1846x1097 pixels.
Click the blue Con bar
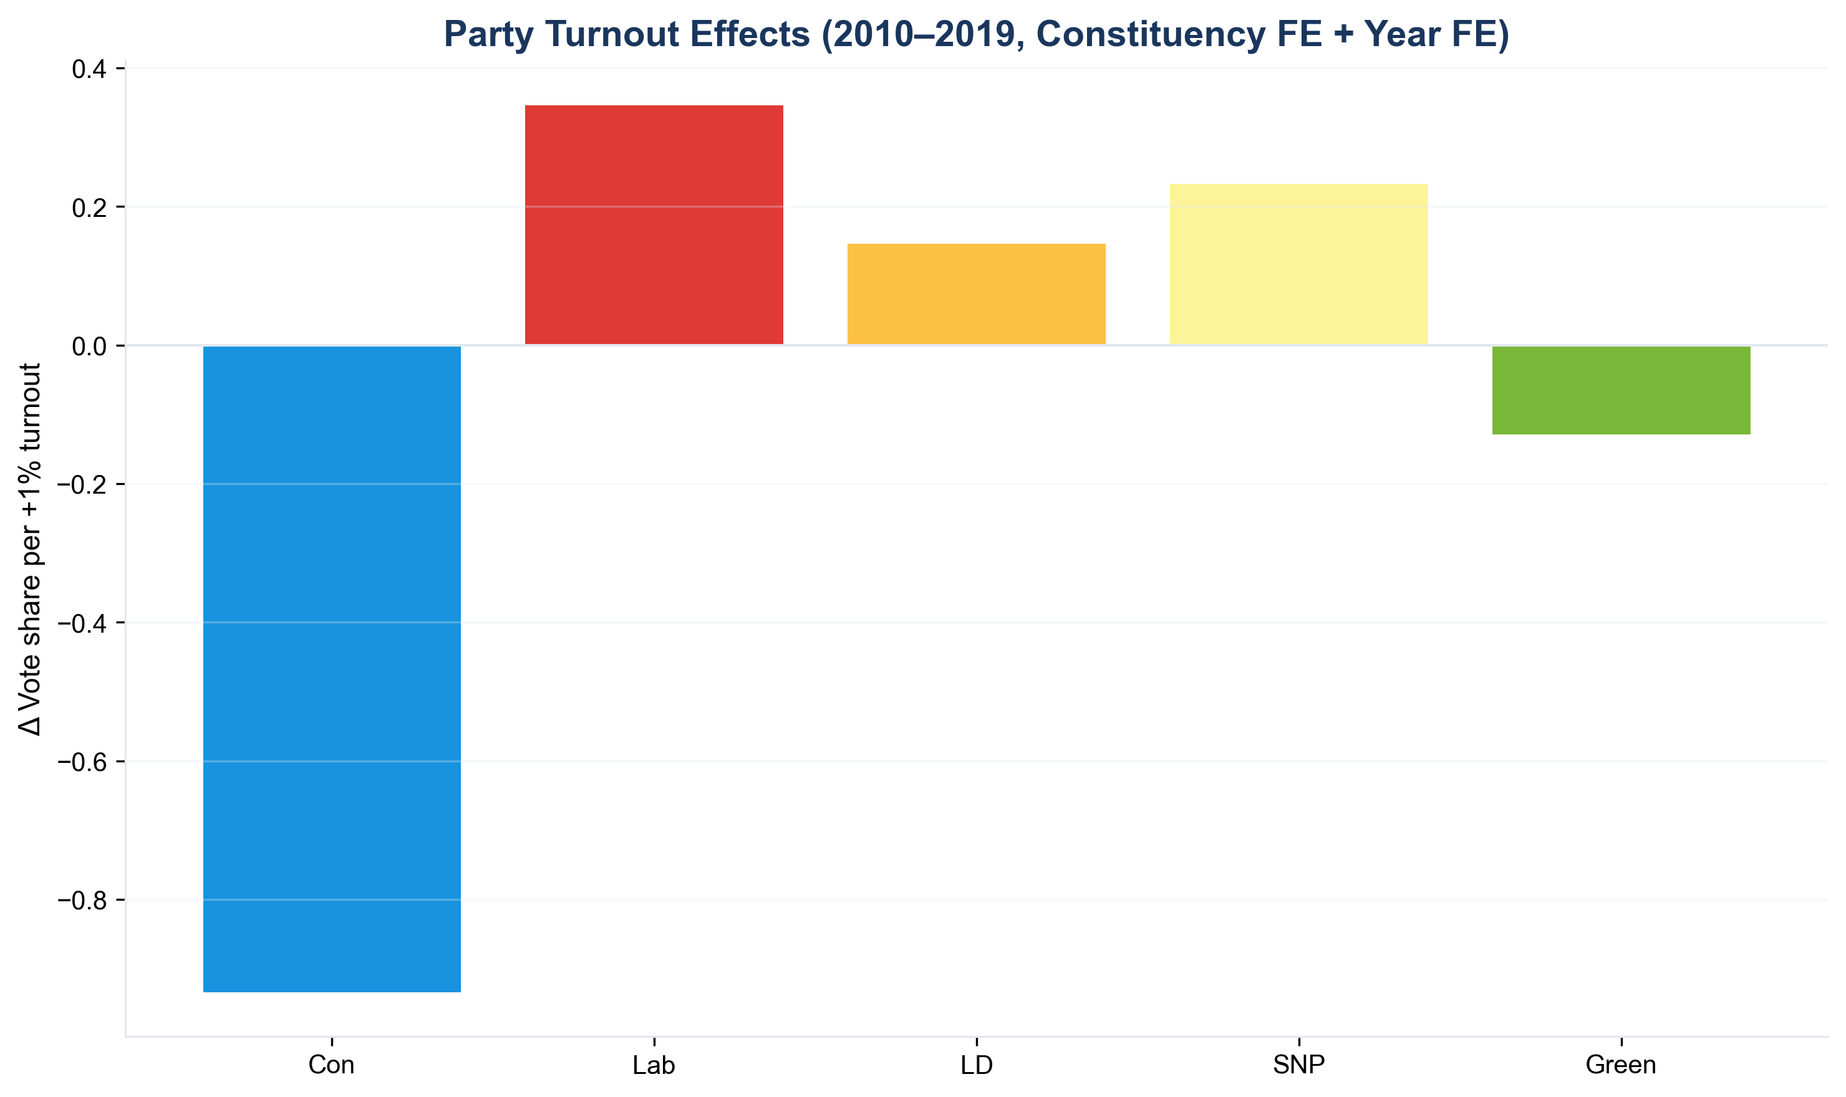[x=332, y=669]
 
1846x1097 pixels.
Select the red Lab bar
[x=654, y=225]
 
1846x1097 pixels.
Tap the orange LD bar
[x=976, y=294]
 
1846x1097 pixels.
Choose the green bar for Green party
[x=1621, y=390]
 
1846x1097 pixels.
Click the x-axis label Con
[x=332, y=1065]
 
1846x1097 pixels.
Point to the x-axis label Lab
[x=654, y=1065]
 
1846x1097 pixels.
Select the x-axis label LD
[x=976, y=1065]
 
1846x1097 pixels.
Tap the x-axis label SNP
[x=1298, y=1065]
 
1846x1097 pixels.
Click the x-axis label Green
[x=1621, y=1065]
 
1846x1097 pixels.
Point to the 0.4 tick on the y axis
[x=89, y=69]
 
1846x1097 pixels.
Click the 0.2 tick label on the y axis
[x=89, y=208]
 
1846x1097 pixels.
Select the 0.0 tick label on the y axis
[x=89, y=346]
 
